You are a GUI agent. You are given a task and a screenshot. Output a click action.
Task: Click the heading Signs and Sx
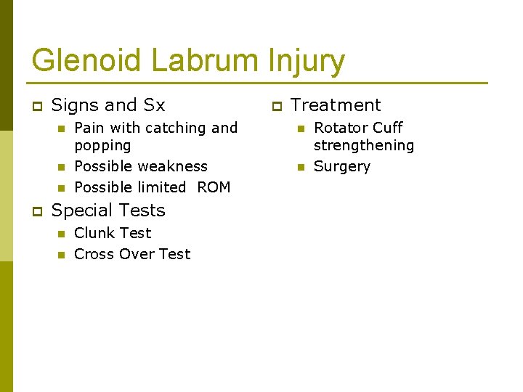click(108, 105)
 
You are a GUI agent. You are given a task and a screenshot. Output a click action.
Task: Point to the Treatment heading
click(336, 105)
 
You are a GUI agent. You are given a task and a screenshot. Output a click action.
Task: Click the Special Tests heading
click(108, 211)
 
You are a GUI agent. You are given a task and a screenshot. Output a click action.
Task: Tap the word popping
click(102, 145)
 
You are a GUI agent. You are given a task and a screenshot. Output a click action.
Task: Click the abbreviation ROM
click(214, 187)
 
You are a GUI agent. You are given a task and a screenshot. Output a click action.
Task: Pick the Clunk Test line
click(113, 233)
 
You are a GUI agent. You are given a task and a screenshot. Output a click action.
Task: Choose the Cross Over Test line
click(132, 254)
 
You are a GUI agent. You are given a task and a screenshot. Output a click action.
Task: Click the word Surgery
click(341, 166)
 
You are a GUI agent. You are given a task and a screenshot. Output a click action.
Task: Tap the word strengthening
click(363, 145)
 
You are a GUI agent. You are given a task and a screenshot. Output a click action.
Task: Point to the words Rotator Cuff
click(358, 128)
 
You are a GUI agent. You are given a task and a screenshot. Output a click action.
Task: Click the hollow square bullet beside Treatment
click(276, 107)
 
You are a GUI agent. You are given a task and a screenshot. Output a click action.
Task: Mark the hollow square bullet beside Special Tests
click(37, 212)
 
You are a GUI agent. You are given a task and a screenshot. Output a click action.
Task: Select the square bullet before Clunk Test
click(61, 234)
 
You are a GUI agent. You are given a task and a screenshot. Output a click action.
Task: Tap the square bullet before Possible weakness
click(61, 167)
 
